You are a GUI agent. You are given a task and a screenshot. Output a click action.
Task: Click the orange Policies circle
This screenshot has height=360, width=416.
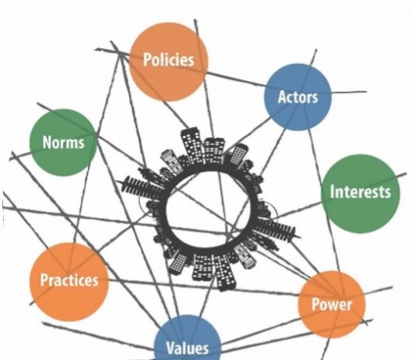[x=168, y=62]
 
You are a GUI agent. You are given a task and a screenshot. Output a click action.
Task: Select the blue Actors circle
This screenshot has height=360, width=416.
[x=298, y=97]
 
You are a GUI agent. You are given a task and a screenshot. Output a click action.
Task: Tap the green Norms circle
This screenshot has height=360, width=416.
[x=63, y=142]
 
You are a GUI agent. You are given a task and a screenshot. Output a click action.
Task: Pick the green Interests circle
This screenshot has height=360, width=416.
[x=360, y=194]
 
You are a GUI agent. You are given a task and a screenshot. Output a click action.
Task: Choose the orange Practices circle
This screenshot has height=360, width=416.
[x=69, y=281]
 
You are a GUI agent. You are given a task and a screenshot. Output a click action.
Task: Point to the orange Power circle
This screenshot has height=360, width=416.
[x=332, y=305]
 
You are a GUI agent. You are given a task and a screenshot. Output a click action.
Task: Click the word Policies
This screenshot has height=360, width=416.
[x=168, y=59]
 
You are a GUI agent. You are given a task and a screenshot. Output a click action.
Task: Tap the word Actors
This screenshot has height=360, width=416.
[x=298, y=97]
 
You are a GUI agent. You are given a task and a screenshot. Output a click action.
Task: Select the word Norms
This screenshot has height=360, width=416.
[x=63, y=142]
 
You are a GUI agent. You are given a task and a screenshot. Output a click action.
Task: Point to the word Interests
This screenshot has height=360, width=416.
[x=360, y=192]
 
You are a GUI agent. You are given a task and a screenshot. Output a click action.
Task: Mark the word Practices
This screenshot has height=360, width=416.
[x=69, y=280]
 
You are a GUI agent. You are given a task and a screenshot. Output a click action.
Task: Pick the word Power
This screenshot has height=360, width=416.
[x=332, y=305]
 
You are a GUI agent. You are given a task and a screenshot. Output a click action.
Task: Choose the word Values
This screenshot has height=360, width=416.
[x=187, y=348]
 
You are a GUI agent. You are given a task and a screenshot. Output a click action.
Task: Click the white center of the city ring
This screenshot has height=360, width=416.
[x=209, y=210]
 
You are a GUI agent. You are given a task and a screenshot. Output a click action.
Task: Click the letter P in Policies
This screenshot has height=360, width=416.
[x=147, y=59]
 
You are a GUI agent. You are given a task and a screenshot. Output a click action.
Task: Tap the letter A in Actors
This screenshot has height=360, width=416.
[x=282, y=97]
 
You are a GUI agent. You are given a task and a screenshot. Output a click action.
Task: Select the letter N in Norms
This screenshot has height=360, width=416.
[x=48, y=142]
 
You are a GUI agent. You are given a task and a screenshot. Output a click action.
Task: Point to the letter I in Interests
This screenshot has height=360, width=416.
[x=332, y=192]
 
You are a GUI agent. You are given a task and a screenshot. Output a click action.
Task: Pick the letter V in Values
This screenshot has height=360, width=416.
[x=171, y=348]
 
